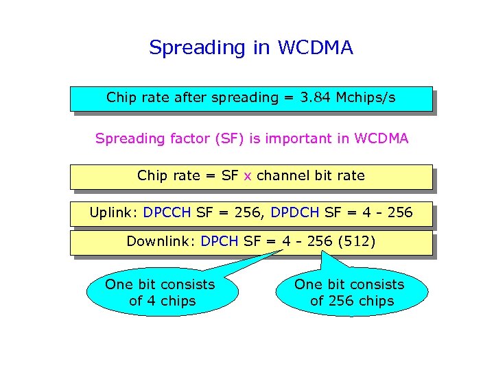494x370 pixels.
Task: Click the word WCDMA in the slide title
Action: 315,48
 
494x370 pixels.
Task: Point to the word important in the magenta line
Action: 299,138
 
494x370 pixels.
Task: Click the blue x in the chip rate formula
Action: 248,175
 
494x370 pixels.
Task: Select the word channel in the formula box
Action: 283,175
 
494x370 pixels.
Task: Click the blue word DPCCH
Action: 167,212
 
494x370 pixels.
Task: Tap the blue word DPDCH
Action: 295,212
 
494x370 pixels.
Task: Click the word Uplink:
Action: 114,212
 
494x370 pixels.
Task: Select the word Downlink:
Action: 162,241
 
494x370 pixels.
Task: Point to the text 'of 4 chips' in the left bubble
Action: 162,301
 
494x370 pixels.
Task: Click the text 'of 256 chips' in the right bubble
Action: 352,301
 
